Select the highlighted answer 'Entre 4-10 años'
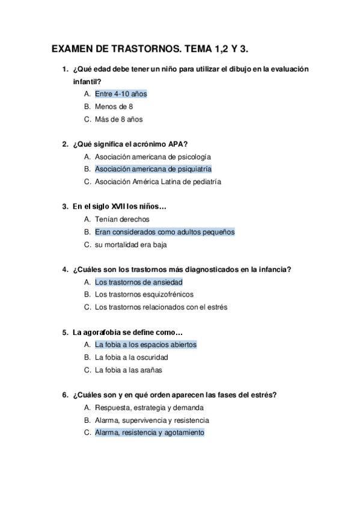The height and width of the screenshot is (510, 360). click(121, 94)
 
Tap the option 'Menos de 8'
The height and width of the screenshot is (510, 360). click(114, 106)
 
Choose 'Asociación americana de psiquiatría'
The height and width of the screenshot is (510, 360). click(153, 169)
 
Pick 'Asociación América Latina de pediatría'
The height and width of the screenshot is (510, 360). click(158, 182)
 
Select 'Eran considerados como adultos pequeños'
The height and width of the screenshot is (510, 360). click(165, 232)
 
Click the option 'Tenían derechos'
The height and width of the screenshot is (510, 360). click(122, 220)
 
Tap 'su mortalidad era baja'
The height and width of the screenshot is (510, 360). click(130, 245)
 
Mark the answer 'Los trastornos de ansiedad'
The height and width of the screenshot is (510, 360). click(139, 281)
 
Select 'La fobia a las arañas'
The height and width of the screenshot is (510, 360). click(128, 370)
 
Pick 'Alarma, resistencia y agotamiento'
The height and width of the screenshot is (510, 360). click(150, 432)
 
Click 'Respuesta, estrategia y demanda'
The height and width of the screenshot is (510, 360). click(145, 408)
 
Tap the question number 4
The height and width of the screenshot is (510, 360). click(65, 269)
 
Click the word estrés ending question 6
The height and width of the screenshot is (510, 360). click(265, 395)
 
